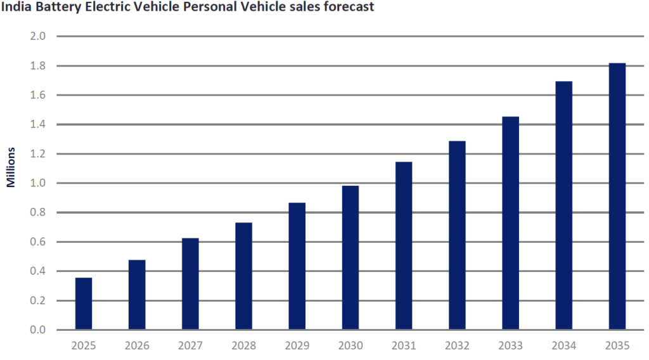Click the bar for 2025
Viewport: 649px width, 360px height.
[x=84, y=304]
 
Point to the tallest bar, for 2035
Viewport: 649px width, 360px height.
[x=617, y=196]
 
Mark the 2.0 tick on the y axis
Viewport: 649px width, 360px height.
[x=38, y=36]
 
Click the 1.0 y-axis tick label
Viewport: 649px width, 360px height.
[x=38, y=183]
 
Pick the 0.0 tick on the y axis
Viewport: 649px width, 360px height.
[x=38, y=330]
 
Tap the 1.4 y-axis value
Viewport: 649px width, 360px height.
[x=38, y=124]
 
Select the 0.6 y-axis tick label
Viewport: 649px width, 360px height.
[x=38, y=242]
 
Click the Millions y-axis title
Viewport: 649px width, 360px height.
[x=11, y=168]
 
